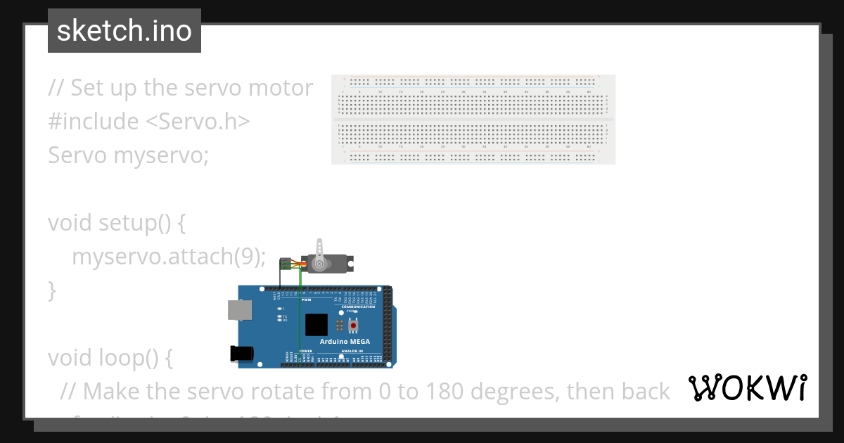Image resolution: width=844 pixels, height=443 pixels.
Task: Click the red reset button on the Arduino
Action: click(352, 325)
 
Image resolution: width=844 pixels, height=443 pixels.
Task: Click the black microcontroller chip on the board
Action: click(316, 324)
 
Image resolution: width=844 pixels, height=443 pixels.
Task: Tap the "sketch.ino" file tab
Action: click(124, 31)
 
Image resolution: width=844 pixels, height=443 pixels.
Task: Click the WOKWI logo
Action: click(748, 388)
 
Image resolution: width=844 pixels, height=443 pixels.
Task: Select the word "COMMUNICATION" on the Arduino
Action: click(358, 307)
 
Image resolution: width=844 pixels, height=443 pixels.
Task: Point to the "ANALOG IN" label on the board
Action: click(352, 350)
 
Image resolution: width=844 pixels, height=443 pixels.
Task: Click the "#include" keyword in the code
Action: click(94, 121)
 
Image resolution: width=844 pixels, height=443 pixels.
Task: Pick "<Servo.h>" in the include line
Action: click(198, 121)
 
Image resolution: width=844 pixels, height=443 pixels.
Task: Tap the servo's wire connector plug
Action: click(285, 264)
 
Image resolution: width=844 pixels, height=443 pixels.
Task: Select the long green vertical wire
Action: click(300, 316)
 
